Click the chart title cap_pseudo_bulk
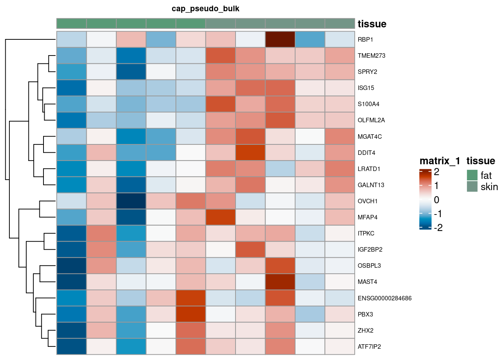click(205, 9)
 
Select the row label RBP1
click(365, 40)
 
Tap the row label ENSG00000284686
click(384, 298)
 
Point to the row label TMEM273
click(371, 56)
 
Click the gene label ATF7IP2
click(369, 347)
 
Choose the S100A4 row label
click(368, 104)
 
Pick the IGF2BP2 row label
click(370, 250)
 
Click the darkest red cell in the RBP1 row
click(280, 39)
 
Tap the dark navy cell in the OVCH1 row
click(131, 201)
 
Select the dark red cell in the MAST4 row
click(280, 282)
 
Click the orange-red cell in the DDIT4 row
click(250, 153)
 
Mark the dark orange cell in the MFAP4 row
click(220, 217)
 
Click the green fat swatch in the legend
click(472, 175)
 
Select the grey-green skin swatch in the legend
click(472, 186)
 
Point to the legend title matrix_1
click(439, 161)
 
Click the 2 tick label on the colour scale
click(436, 172)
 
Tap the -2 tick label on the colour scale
click(438, 228)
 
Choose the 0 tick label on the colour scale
click(436, 200)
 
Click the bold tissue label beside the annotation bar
click(372, 24)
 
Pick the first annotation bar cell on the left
click(72, 23)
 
